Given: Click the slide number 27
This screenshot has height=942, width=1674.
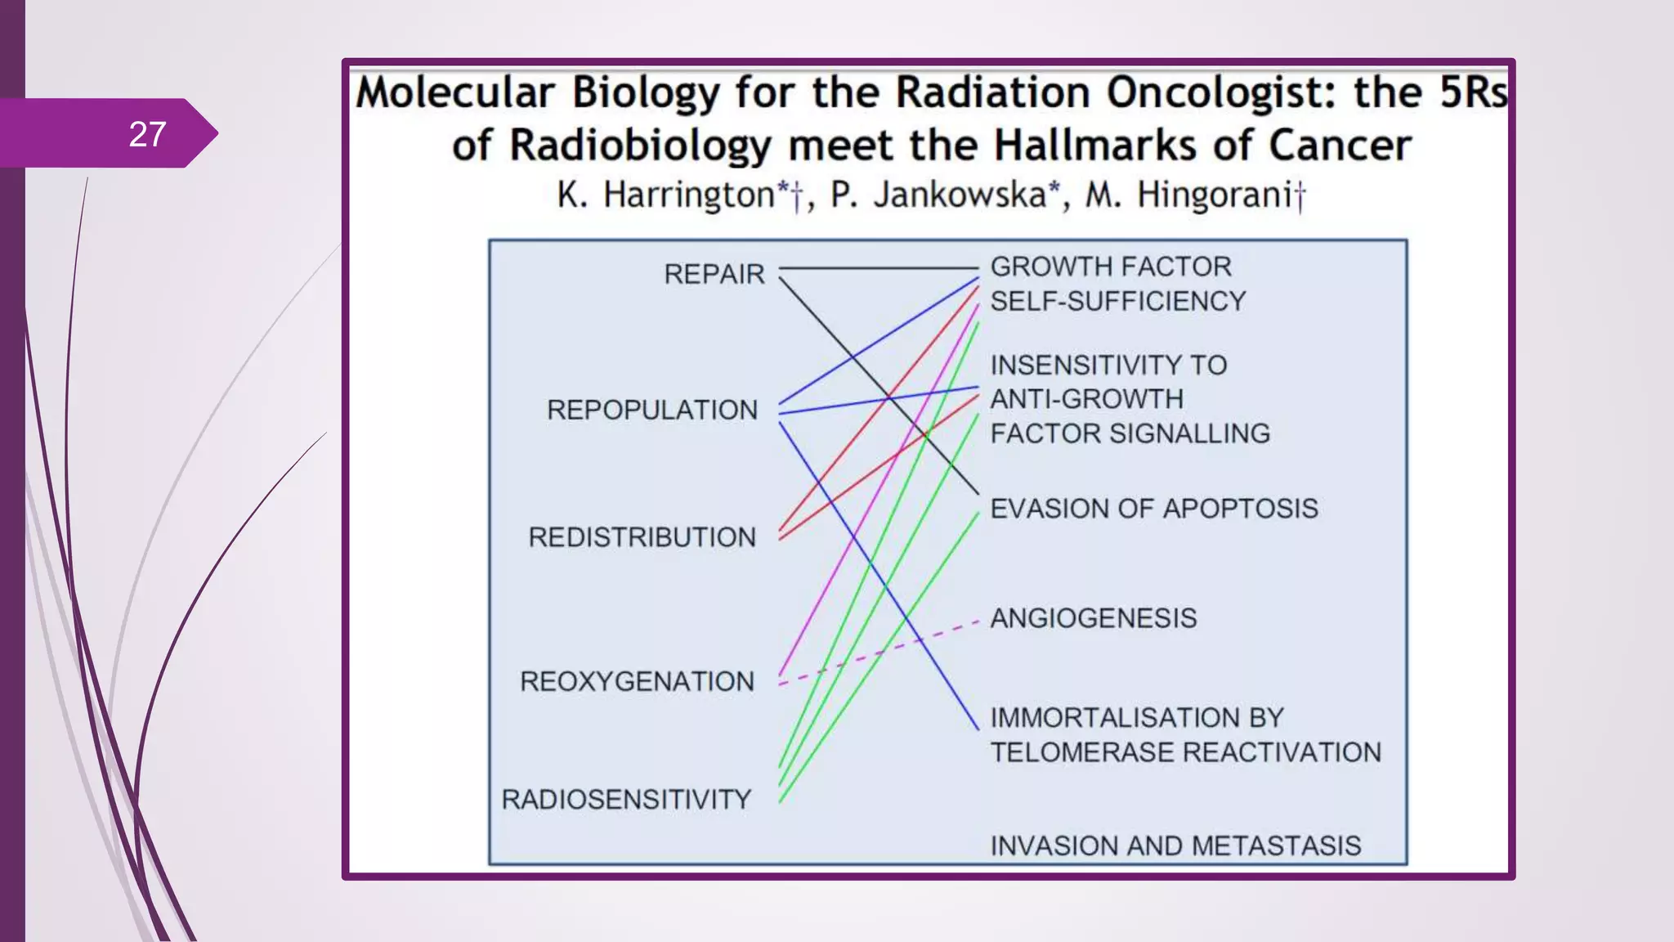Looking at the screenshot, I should point(147,134).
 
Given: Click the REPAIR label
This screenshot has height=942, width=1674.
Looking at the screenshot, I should point(714,274).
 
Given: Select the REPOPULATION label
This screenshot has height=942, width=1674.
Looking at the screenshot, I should point(652,410).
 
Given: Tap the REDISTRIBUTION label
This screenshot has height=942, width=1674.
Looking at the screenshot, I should point(642,537).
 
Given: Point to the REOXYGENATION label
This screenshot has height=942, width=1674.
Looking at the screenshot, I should point(637,681).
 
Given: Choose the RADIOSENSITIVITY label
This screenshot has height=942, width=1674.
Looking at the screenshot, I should point(626,799).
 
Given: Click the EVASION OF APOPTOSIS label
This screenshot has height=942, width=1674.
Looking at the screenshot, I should point(1153,509).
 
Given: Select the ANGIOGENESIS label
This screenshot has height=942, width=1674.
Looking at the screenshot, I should point(1093,618).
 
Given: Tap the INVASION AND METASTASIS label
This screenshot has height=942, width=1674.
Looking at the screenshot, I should point(1175,846).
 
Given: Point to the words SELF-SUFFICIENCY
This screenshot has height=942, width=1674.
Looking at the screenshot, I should point(1117,301).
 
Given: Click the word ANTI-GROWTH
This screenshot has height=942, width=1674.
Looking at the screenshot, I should point(1086,399).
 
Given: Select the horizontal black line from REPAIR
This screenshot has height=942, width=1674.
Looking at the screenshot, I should point(879,267).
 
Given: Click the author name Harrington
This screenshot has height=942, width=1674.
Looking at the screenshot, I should point(689,195).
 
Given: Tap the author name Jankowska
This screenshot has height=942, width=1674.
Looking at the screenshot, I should point(960,195).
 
